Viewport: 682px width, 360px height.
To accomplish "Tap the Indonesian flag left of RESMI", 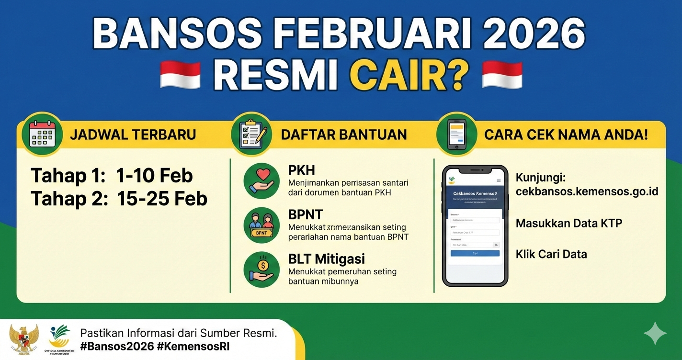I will click(180, 75).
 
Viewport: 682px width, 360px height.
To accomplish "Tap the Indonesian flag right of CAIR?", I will click(502, 75).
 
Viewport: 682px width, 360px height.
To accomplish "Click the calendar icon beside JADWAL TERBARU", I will click(42, 134).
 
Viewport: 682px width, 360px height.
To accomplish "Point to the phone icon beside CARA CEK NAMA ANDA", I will click(457, 134).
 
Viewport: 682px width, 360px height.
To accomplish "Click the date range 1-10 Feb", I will click(154, 176).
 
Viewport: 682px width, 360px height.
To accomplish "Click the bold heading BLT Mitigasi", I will click(327, 259).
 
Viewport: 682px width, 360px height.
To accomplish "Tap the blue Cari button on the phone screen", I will click(475, 253).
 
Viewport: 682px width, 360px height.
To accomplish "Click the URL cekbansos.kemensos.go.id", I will click(587, 191).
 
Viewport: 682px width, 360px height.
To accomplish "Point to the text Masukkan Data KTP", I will click(568, 223).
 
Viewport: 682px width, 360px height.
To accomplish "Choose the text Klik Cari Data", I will click(551, 254).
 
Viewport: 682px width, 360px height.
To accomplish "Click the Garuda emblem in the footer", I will click(23, 339).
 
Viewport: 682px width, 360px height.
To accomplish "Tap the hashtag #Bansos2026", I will click(117, 346).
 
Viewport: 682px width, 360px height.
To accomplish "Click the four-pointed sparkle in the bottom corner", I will click(655, 333).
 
